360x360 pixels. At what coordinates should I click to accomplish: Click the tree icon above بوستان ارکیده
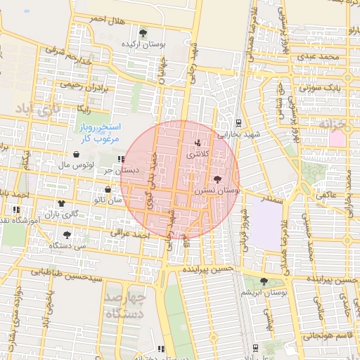143,32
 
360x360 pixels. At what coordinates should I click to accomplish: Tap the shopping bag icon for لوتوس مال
76,155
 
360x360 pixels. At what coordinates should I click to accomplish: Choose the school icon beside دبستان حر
122,160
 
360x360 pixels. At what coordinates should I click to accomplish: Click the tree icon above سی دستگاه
67,235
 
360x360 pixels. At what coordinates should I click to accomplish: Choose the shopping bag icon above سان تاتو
108,189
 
